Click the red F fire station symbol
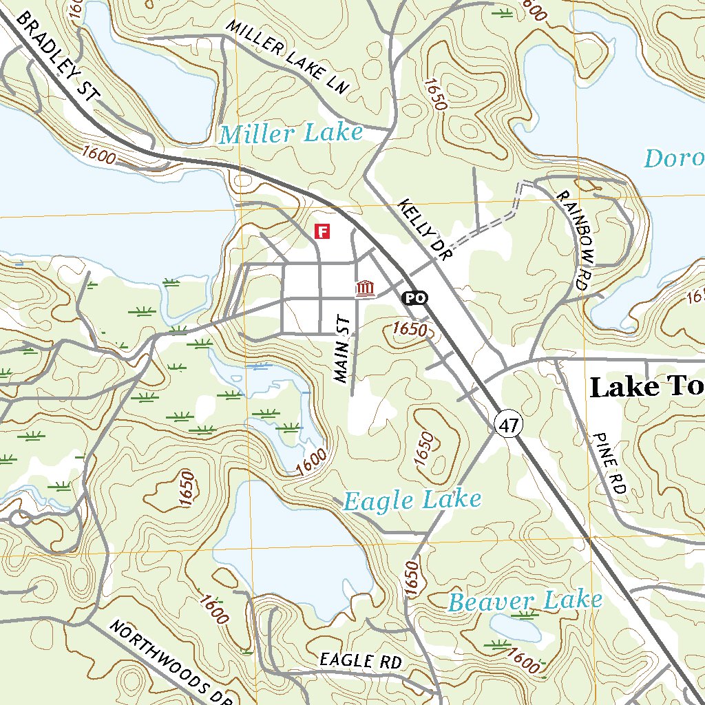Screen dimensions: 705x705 coord(322,231)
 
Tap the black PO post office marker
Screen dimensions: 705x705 coord(414,297)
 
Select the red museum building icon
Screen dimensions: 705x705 coord(366,288)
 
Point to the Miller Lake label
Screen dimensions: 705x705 coord(291,134)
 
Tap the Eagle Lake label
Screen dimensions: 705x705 coord(412,501)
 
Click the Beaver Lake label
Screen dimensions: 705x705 coord(525,601)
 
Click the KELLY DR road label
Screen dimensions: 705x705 coord(423,230)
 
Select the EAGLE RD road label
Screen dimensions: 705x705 coord(360,661)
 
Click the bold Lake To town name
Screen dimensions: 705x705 coord(646,388)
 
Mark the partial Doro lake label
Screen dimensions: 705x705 coord(673,158)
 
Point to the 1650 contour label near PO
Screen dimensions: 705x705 coord(410,329)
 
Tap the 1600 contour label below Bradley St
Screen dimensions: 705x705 coord(98,154)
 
